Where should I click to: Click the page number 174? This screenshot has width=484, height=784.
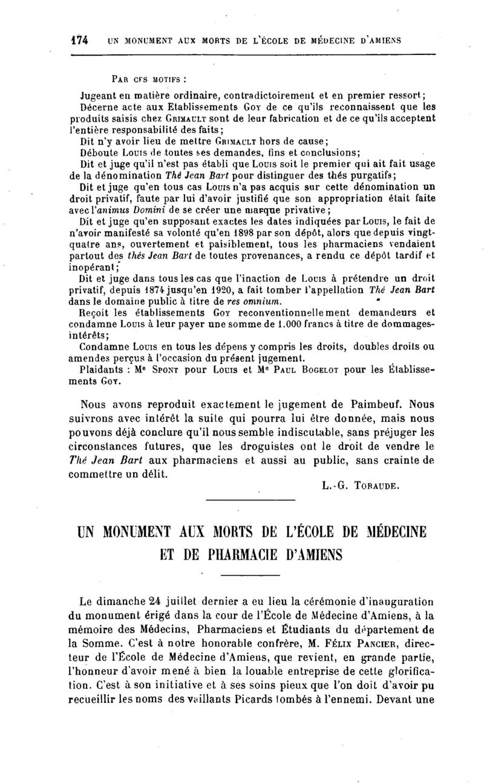79,41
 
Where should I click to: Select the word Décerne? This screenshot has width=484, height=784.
101,106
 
